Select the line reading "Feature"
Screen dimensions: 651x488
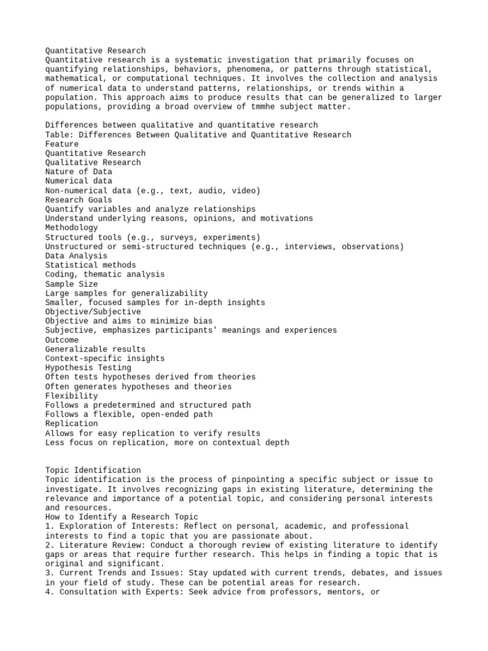[x=62, y=144]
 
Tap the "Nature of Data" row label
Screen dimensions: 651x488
[x=79, y=172]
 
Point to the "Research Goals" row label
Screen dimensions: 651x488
[x=79, y=200]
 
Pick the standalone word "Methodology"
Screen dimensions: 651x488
[x=72, y=228]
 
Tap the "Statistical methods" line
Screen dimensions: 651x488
[x=91, y=265]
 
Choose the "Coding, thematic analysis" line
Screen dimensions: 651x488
[x=105, y=275]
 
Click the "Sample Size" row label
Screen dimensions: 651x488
[x=72, y=284]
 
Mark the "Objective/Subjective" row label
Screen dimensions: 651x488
[x=93, y=312]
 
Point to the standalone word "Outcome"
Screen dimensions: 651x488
[x=62, y=340]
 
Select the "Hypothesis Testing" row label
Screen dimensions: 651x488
[x=88, y=368]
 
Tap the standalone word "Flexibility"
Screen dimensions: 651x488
[x=72, y=396]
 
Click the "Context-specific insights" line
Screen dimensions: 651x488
[x=105, y=359]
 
